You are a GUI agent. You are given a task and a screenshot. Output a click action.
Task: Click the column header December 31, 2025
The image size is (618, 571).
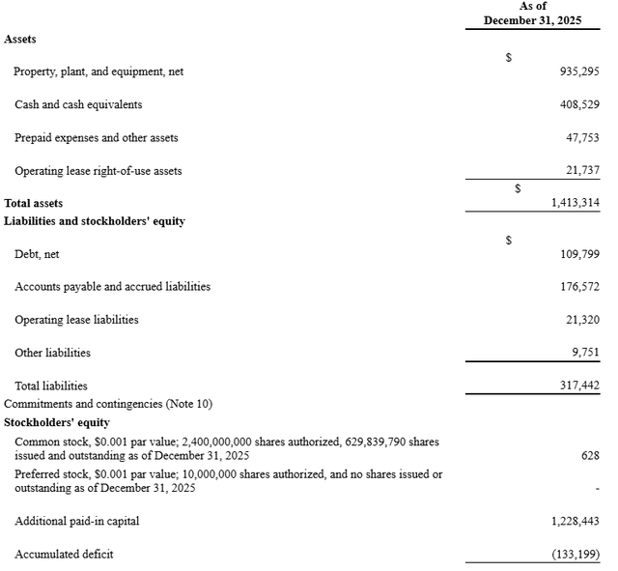(532, 20)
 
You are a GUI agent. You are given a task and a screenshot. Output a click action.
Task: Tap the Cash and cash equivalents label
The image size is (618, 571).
(79, 104)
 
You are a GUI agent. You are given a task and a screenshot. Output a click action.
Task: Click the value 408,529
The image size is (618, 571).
(579, 104)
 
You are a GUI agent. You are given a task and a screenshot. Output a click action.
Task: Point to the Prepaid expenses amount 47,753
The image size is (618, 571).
(582, 138)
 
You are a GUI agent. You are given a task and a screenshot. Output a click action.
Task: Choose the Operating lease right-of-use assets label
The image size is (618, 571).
(98, 171)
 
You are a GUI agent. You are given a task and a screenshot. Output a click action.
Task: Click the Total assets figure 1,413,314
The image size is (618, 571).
(575, 203)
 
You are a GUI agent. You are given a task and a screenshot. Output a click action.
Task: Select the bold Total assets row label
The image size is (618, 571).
(34, 203)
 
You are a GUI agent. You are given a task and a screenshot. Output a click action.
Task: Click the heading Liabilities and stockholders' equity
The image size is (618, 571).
(95, 221)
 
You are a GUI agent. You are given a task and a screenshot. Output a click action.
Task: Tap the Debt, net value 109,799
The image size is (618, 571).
(579, 254)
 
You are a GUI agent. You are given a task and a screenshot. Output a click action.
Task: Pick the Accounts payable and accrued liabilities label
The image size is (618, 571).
(112, 287)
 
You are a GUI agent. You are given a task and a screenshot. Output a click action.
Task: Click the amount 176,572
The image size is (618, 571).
(579, 287)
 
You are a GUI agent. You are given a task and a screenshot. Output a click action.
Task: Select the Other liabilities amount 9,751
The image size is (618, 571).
(585, 353)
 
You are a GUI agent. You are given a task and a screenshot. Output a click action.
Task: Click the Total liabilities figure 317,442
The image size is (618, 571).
(579, 385)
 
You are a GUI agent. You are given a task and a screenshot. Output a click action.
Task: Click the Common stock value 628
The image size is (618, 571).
(590, 455)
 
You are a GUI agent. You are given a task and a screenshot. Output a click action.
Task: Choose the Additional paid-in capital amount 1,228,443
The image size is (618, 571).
(575, 522)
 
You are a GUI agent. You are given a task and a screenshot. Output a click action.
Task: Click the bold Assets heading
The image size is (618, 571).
(21, 40)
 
